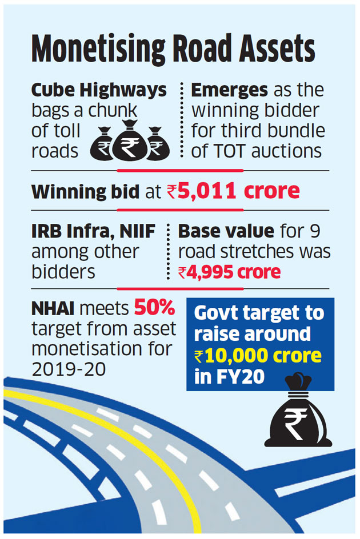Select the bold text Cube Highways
point(99,91)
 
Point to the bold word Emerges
point(229,91)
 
